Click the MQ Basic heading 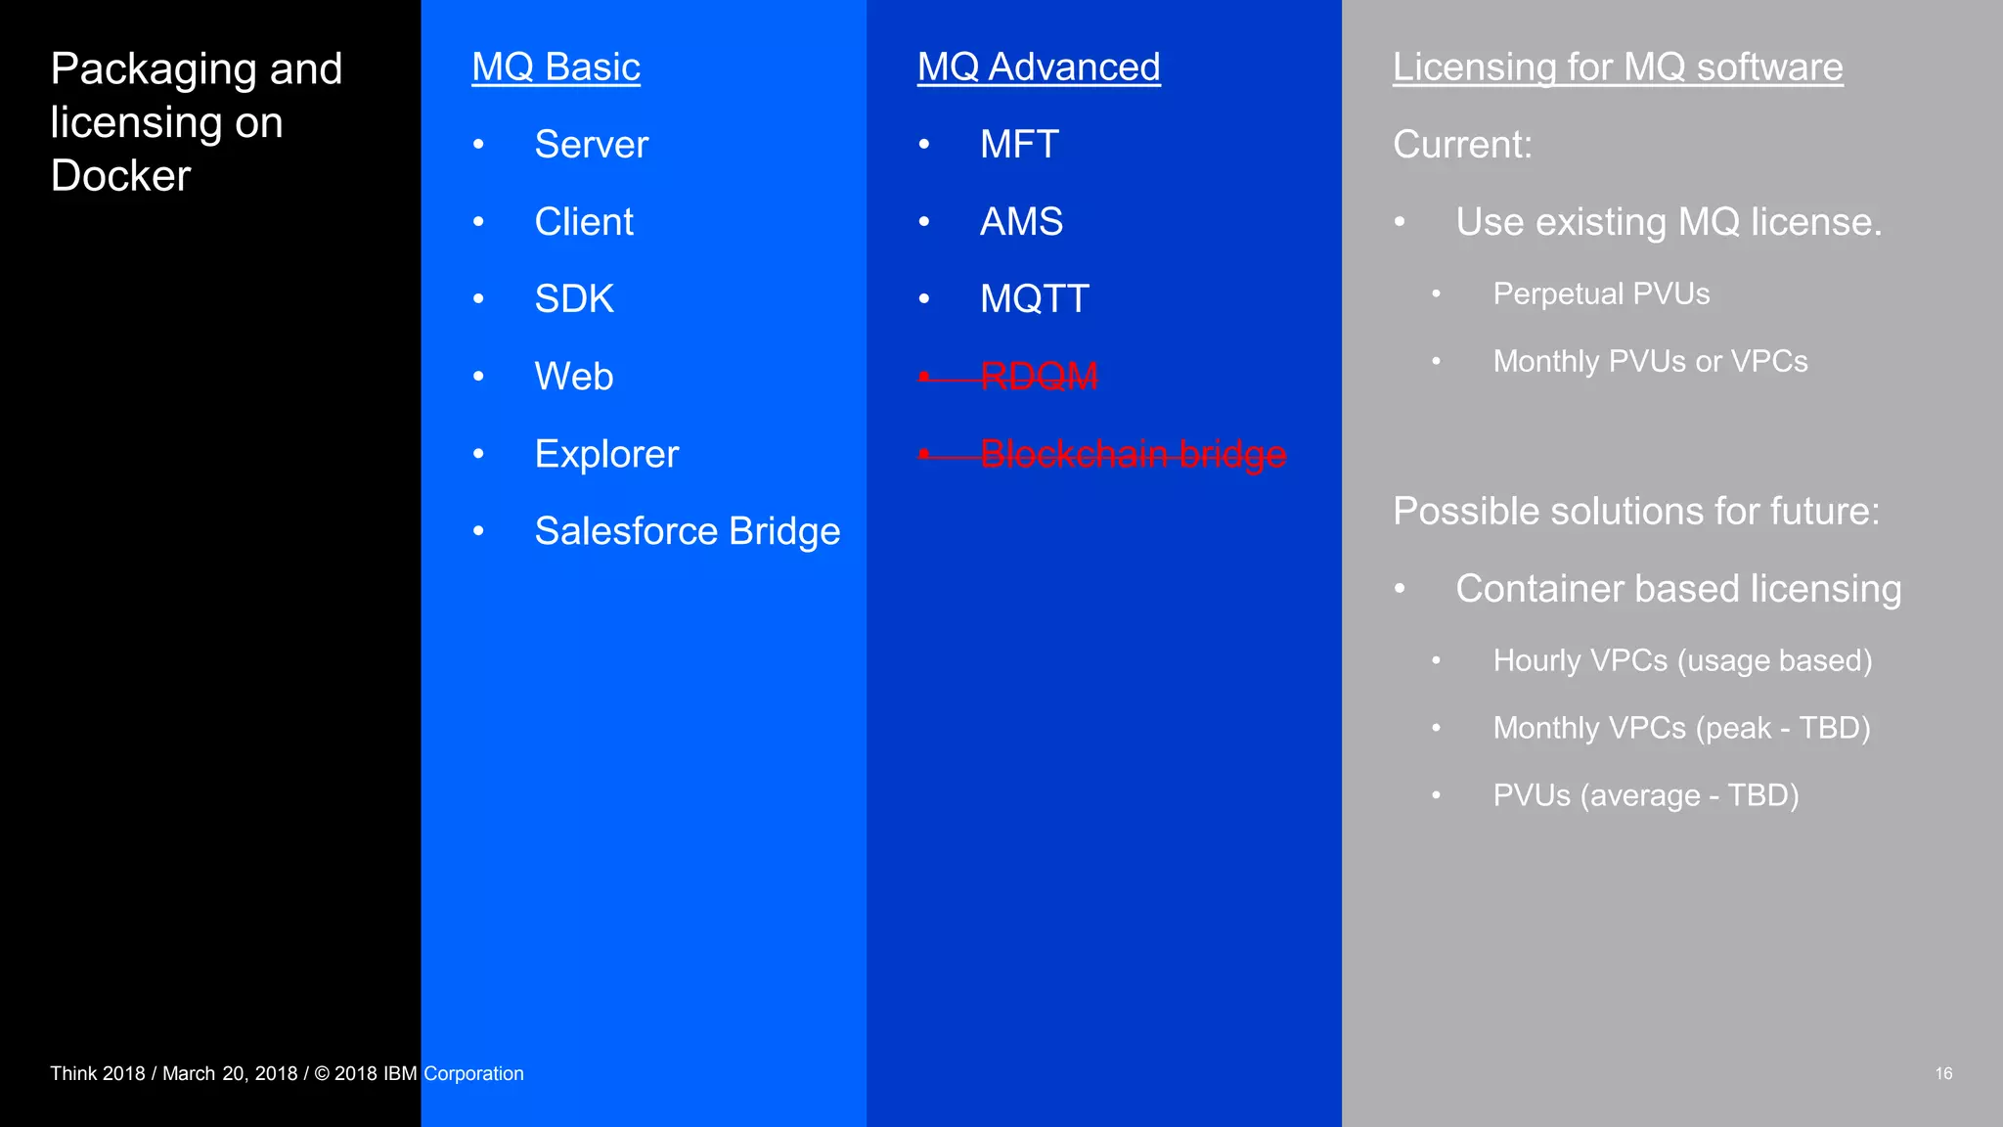click(556, 68)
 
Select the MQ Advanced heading click(1039, 68)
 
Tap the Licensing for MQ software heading click(1618, 68)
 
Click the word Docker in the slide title click(120, 176)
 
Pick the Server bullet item click(591, 145)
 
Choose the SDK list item click(574, 299)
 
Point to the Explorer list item click(606, 454)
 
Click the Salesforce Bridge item click(687, 531)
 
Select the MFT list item click(1019, 145)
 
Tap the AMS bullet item click(1021, 222)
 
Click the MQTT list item click(1035, 299)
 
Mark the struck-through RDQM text click(1039, 377)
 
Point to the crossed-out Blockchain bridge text click(1133, 454)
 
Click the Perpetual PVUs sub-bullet click(1601, 294)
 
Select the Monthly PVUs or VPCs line click(1650, 362)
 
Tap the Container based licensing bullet click(1678, 589)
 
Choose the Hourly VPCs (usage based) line click(1682, 661)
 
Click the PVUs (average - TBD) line click(1646, 795)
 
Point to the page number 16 click(1943, 1073)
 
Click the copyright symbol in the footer click(321, 1074)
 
